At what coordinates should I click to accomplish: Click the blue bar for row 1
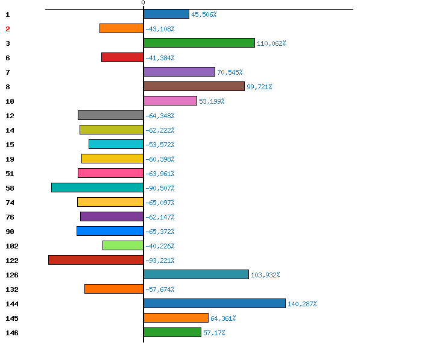tap(166, 14)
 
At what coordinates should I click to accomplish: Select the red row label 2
tap(8, 29)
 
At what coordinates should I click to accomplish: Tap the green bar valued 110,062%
tap(199, 43)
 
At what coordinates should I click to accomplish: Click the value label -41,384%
tap(160, 58)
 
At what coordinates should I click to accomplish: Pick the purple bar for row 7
tap(179, 72)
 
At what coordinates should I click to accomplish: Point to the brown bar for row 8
tap(194, 86)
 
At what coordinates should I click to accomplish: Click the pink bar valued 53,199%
tap(170, 101)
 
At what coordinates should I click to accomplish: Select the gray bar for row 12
tap(110, 115)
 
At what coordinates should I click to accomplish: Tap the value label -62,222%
tap(160, 130)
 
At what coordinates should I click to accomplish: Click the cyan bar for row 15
tap(116, 144)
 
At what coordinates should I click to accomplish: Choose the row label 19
tap(10, 159)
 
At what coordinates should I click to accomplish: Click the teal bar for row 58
tap(98, 188)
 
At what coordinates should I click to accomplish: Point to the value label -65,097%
tap(160, 203)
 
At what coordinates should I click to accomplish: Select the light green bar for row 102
tap(123, 245)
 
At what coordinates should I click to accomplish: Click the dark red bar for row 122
tap(96, 260)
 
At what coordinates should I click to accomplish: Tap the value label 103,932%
tap(265, 275)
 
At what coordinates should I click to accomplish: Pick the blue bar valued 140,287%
tap(215, 303)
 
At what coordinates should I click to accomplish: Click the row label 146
tap(12, 333)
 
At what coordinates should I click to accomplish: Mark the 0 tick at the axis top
tap(143, 2)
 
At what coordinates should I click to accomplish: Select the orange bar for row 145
tap(176, 318)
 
